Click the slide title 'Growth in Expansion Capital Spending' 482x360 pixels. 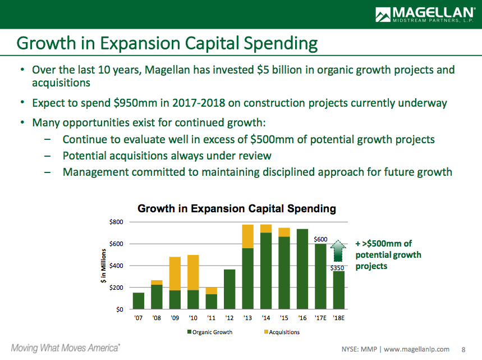click(167, 43)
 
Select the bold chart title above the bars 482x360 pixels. click(237, 209)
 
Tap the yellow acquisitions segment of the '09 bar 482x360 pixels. click(175, 274)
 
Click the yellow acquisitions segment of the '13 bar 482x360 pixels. click(248, 236)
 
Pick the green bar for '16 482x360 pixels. click(302, 269)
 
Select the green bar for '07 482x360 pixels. click(139, 301)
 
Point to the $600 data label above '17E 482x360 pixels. click(320, 239)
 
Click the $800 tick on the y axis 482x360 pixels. click(116, 222)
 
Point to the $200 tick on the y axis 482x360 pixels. click(116, 288)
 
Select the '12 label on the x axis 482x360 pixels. click(229, 317)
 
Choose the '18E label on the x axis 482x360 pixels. click(339, 317)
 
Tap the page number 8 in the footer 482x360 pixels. click(463, 348)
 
